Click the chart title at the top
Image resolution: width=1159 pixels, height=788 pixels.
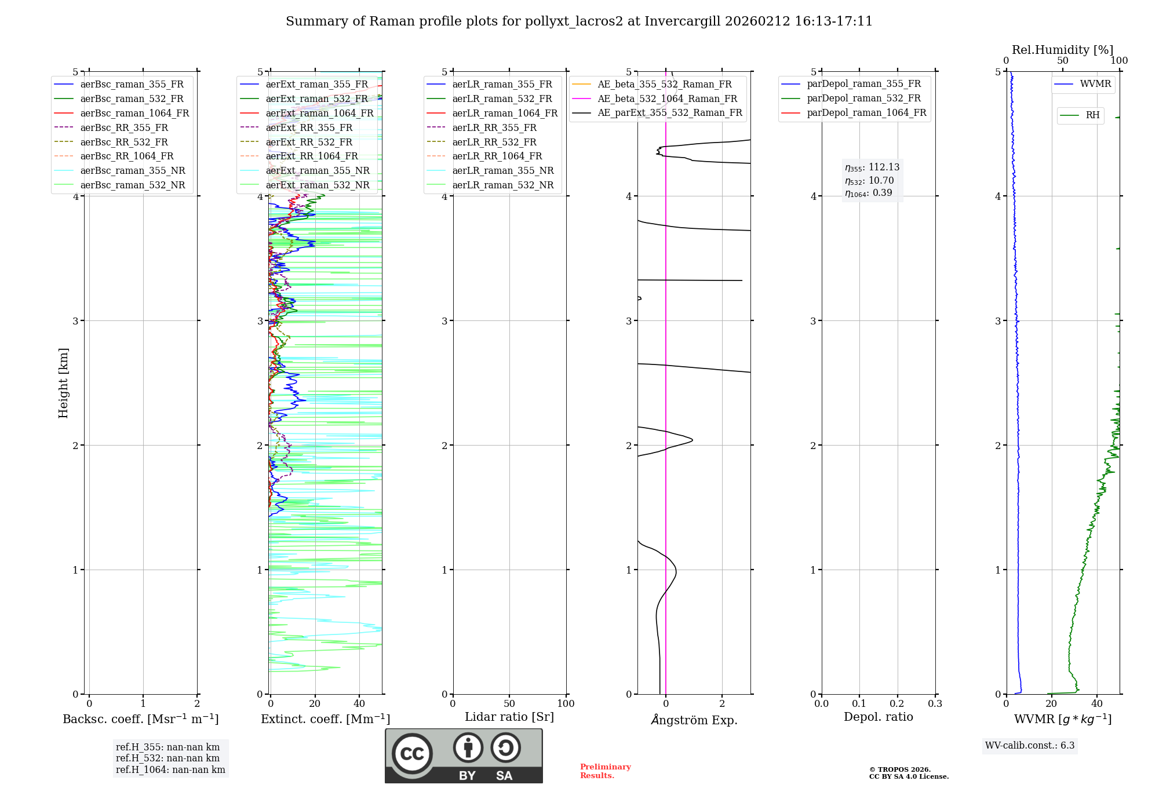coord(579,21)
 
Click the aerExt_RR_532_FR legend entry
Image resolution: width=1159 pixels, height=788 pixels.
coord(309,142)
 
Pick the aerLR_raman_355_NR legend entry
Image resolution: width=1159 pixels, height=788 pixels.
coord(503,170)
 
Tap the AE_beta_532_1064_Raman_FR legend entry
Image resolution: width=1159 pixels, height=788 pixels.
coord(667,99)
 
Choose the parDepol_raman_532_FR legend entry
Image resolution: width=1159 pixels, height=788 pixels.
coord(863,98)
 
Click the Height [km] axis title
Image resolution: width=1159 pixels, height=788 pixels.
coord(63,383)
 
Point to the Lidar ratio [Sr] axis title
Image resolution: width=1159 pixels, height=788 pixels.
coord(509,717)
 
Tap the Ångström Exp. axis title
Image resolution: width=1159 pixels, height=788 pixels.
coord(694,720)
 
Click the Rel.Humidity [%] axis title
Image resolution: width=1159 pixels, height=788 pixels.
coord(1062,50)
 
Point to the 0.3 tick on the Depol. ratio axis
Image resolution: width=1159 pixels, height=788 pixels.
coord(935,704)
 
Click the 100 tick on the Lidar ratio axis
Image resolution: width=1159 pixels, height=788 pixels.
coord(566,704)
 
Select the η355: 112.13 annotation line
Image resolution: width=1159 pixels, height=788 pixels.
coord(872,167)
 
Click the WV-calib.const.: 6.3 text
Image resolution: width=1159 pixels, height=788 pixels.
coord(1030,746)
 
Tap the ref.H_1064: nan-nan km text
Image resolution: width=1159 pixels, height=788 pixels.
coord(170,769)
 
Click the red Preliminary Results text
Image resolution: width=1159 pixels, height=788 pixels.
coord(605,771)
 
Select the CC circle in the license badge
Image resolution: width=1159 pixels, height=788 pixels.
coord(412,754)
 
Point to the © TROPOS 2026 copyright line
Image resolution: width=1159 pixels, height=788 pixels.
coord(900,769)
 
